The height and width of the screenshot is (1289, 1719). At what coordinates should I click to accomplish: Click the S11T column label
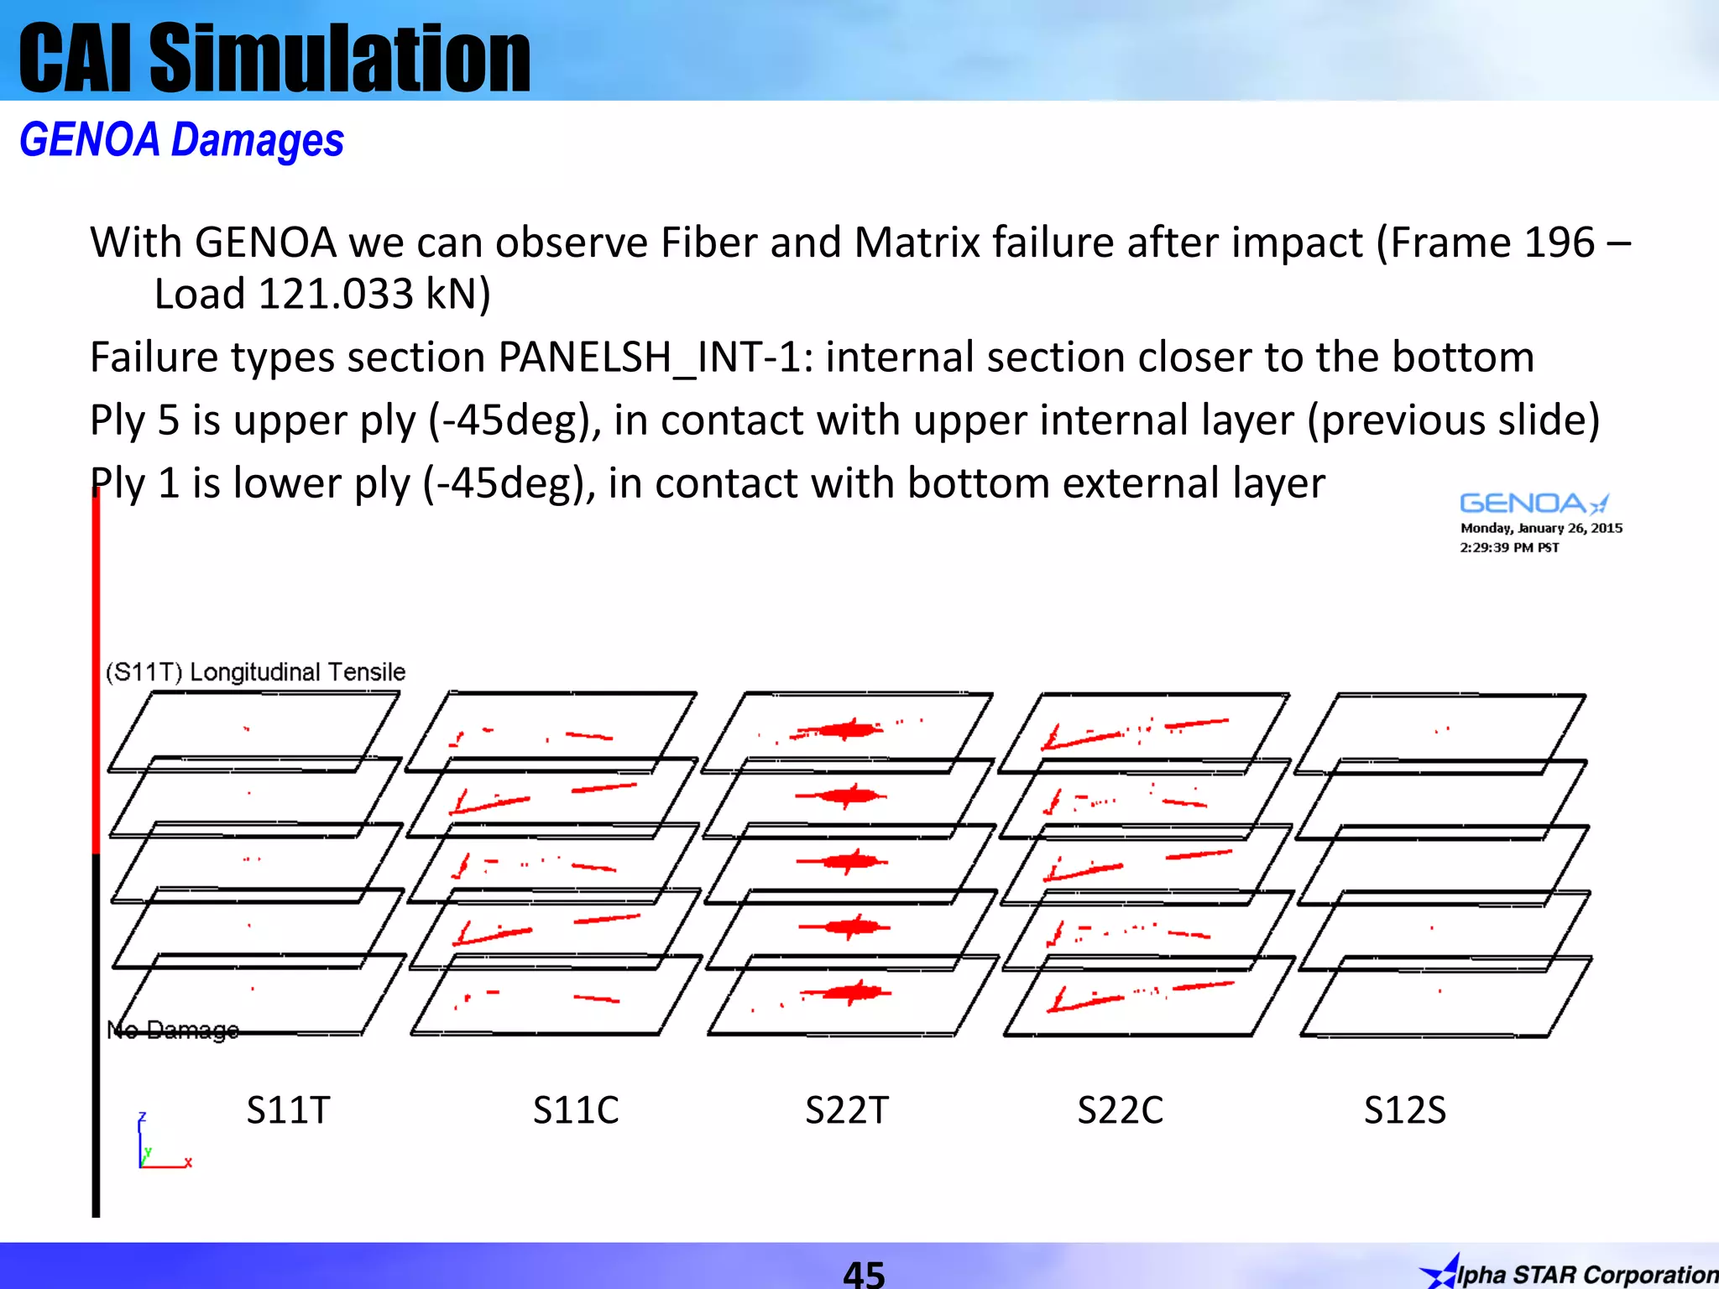(288, 1110)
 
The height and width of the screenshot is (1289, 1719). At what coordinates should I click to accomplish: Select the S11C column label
(576, 1110)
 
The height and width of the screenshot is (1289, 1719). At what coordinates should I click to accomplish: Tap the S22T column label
(846, 1110)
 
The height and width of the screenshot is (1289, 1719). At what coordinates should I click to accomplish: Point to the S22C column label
(1120, 1110)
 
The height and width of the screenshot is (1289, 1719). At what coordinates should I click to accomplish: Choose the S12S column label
(1405, 1110)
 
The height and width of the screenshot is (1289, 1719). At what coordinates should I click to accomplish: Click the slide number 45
(864, 1273)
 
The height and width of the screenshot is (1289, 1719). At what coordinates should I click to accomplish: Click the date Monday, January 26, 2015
(1541, 528)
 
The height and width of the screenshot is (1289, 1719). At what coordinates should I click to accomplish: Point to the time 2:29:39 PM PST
(1509, 547)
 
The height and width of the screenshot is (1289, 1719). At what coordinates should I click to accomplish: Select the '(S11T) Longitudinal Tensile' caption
(255, 671)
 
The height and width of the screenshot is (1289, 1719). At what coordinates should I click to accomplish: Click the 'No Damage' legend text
(173, 1030)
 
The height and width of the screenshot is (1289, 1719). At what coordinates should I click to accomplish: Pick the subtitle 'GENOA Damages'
(181, 140)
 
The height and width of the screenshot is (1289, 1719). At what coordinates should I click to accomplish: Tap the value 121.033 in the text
(336, 294)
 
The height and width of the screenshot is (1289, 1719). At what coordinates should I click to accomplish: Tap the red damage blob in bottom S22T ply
(853, 993)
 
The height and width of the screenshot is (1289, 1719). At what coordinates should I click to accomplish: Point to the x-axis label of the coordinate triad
(189, 1162)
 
